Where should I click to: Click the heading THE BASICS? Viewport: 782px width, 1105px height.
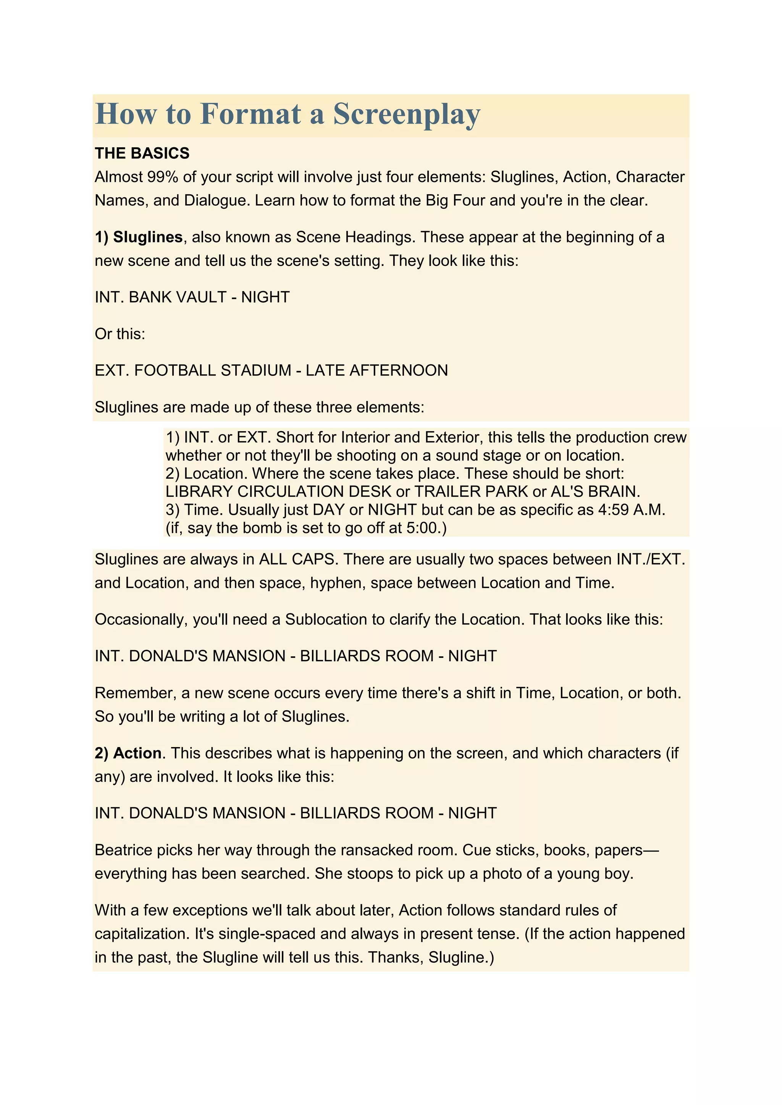(142, 153)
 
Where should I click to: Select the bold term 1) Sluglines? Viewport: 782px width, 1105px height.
(139, 237)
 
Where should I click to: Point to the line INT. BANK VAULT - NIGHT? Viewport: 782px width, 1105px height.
(192, 297)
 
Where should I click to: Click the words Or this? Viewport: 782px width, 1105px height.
(120, 334)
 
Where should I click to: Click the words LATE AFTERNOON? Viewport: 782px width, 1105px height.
(376, 370)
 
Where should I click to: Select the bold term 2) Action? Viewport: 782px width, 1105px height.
(128, 753)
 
